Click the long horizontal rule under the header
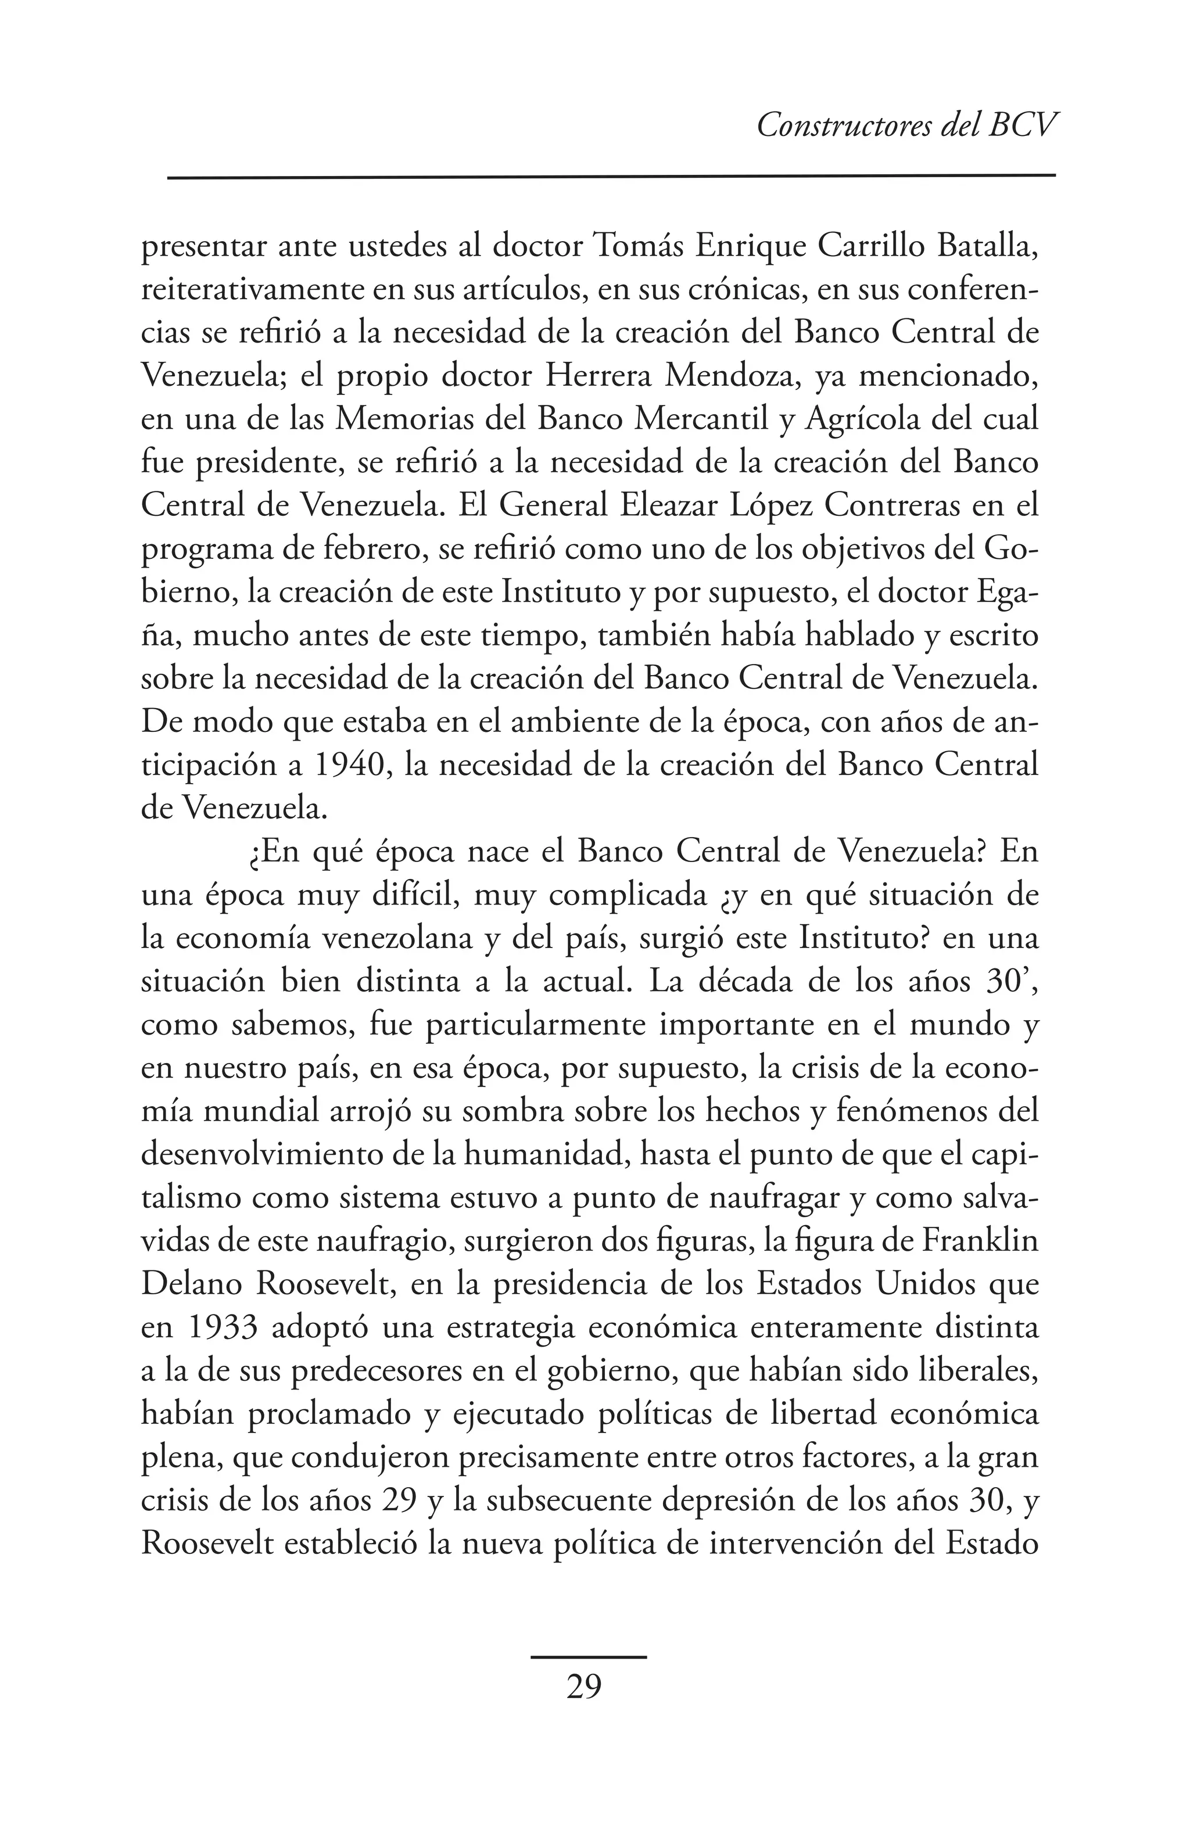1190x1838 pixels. pyautogui.click(x=611, y=177)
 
